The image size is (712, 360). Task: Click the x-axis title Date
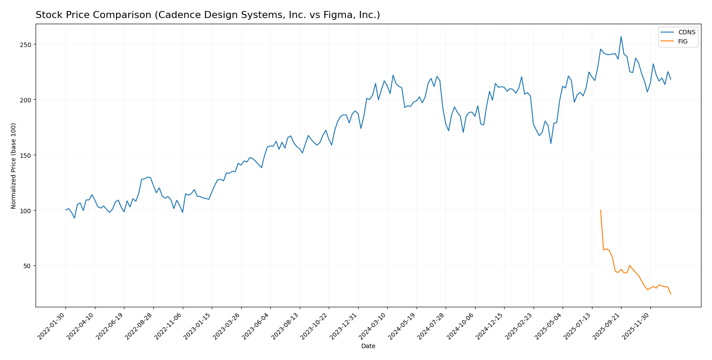click(x=368, y=346)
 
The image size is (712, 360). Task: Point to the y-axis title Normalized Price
click(x=14, y=166)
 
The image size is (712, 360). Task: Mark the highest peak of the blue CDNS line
click(x=621, y=36)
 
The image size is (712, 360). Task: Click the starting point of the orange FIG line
click(x=600, y=210)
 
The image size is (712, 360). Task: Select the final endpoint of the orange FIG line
click(x=671, y=294)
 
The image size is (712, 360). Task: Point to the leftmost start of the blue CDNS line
click(x=65, y=210)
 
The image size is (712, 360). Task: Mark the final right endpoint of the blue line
click(x=671, y=79)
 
